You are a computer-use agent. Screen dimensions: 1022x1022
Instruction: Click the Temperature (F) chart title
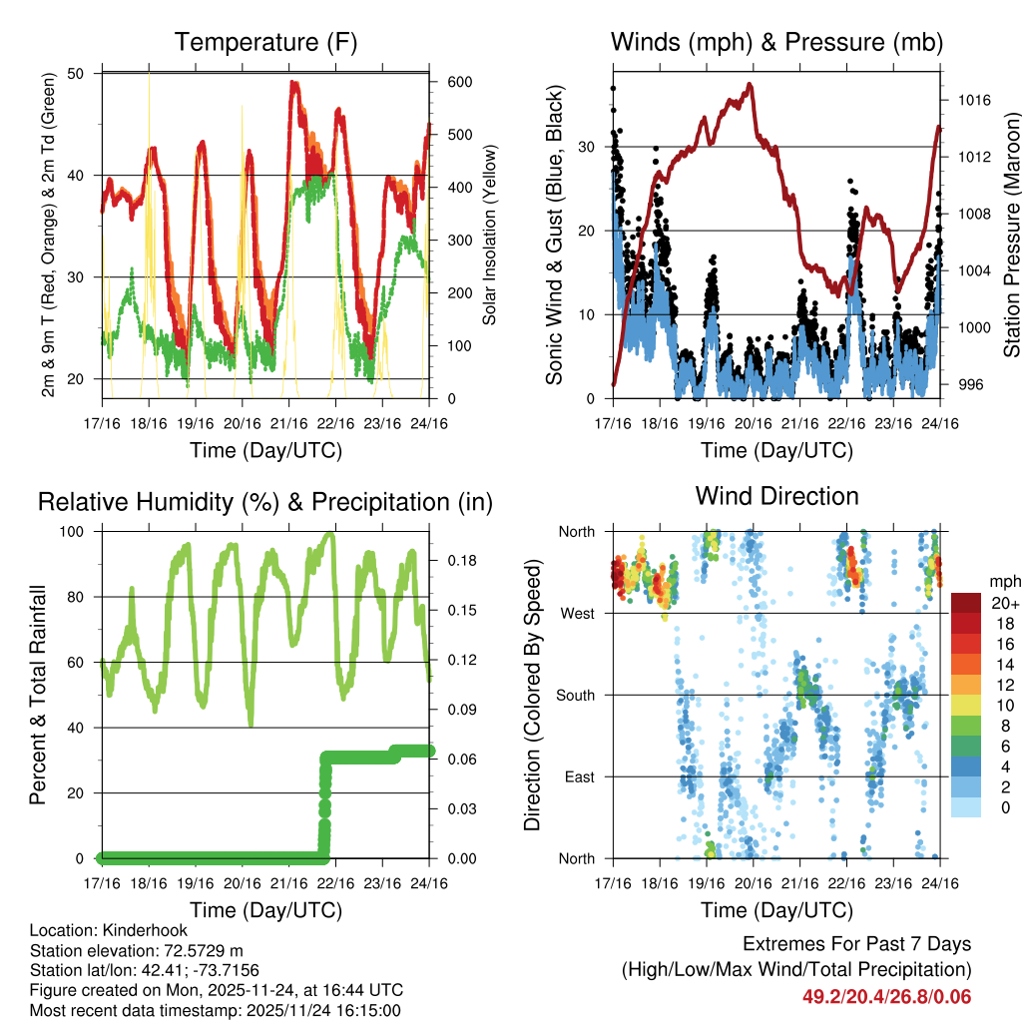[x=265, y=43]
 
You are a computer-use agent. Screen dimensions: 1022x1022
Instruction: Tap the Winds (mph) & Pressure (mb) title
[x=776, y=43]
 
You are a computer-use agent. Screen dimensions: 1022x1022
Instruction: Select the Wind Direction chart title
[x=776, y=496]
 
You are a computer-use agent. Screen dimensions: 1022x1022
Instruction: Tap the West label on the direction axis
[x=576, y=613]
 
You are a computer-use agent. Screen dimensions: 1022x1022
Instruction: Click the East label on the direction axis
[x=577, y=776]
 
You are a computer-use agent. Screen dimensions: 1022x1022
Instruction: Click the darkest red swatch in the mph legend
[x=966, y=603]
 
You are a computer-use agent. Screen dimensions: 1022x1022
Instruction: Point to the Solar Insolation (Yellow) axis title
[x=489, y=236]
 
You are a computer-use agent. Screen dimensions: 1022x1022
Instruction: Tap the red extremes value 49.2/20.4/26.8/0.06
[x=886, y=997]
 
